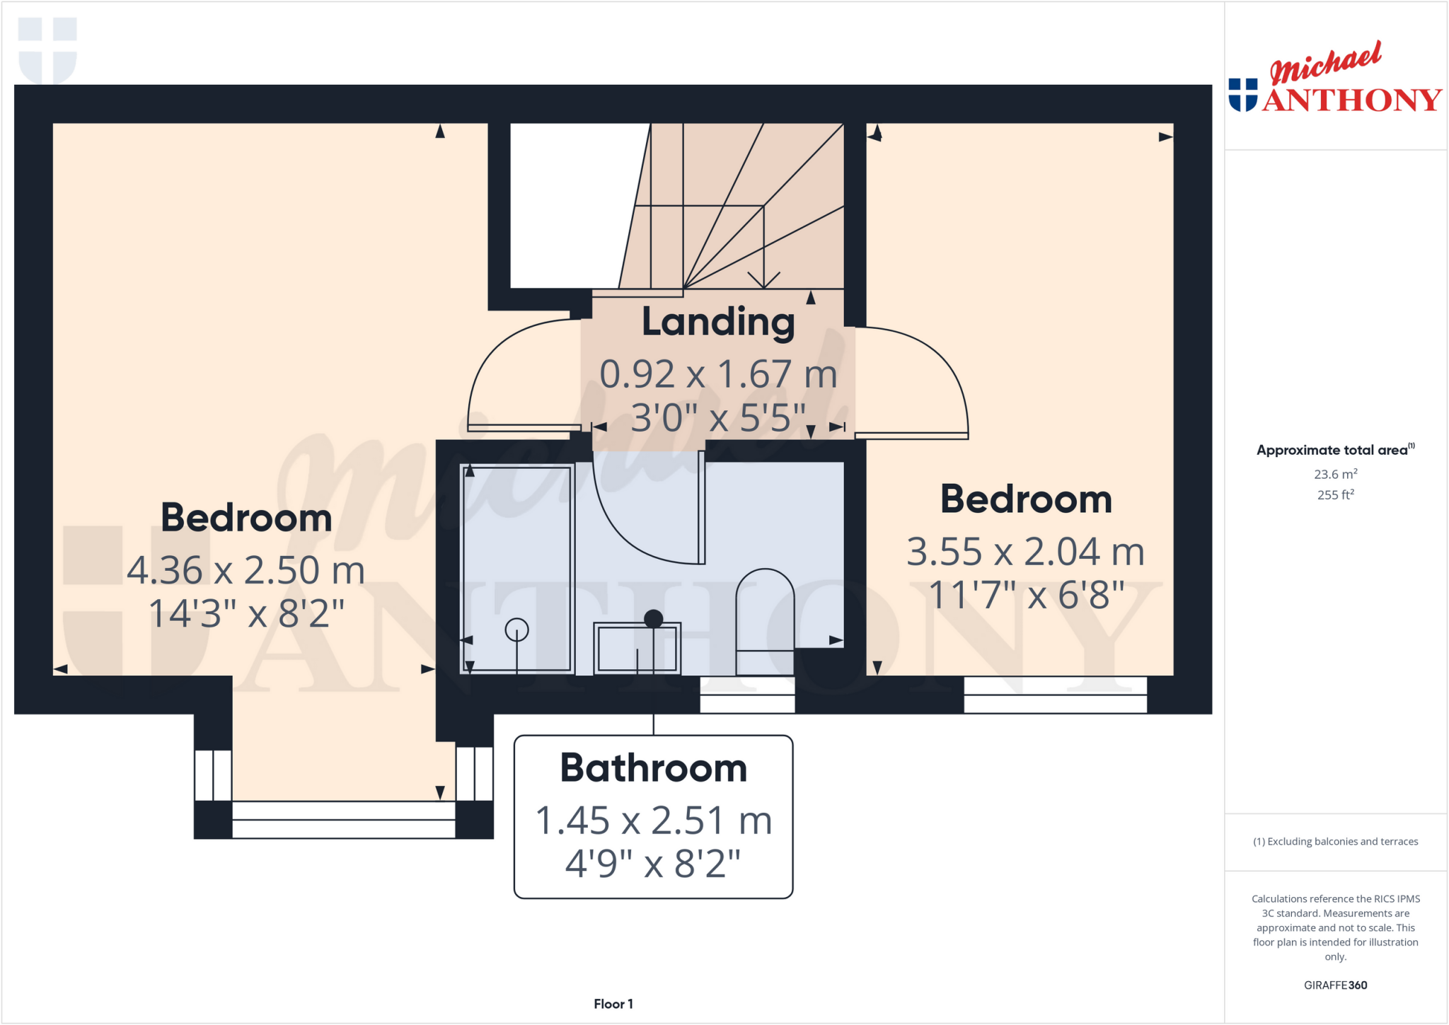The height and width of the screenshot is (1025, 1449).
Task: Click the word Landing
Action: (718, 323)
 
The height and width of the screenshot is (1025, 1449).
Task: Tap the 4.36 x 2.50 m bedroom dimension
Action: (246, 570)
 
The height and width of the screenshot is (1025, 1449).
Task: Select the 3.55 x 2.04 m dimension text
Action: (1025, 552)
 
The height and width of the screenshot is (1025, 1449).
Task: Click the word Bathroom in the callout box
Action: (653, 768)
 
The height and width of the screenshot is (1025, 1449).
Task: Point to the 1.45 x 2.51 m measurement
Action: (653, 821)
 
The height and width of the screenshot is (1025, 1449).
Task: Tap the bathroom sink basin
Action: (637, 648)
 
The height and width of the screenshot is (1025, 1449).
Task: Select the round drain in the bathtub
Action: (516, 629)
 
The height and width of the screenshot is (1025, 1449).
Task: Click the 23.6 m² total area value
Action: (1335, 474)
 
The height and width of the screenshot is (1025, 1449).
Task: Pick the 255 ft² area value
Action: (1335, 494)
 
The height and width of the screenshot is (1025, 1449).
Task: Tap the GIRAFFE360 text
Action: (1335, 985)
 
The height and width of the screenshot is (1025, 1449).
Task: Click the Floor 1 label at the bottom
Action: (613, 1004)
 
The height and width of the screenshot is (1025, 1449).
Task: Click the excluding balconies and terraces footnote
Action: (1335, 841)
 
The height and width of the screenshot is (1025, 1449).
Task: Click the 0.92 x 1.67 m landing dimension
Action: (718, 374)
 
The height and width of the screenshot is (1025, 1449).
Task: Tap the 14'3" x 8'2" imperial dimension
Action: (246, 613)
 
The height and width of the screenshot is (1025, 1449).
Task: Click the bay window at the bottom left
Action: (343, 819)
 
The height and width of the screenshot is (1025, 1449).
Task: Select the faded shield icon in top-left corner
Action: (47, 50)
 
